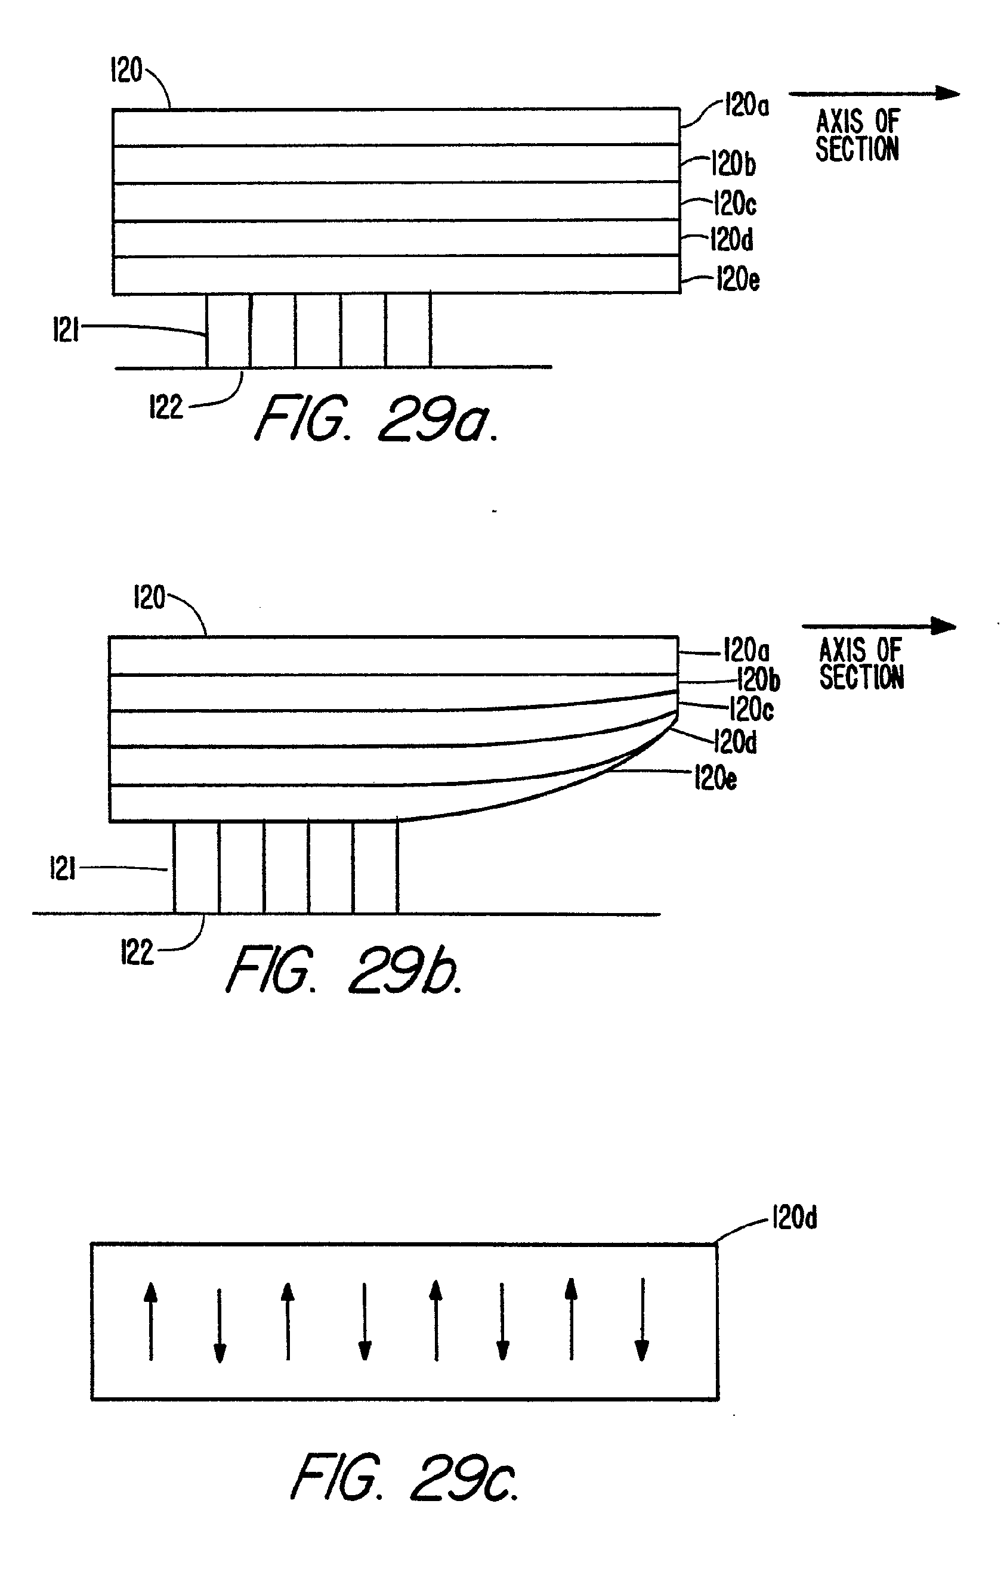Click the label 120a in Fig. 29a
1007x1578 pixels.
746,105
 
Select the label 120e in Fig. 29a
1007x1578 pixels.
737,279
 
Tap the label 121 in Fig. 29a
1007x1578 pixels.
65,329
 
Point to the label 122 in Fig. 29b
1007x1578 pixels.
137,952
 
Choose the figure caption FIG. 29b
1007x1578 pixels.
344,970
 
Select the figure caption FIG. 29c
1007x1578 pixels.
404,1478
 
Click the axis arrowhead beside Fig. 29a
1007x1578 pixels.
948,93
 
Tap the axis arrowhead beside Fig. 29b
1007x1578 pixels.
944,626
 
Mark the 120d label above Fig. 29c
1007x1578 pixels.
795,1218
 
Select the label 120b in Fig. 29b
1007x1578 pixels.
758,679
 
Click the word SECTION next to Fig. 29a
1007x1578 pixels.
857,148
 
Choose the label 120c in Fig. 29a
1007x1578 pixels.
735,204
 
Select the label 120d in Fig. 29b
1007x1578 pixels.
735,742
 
